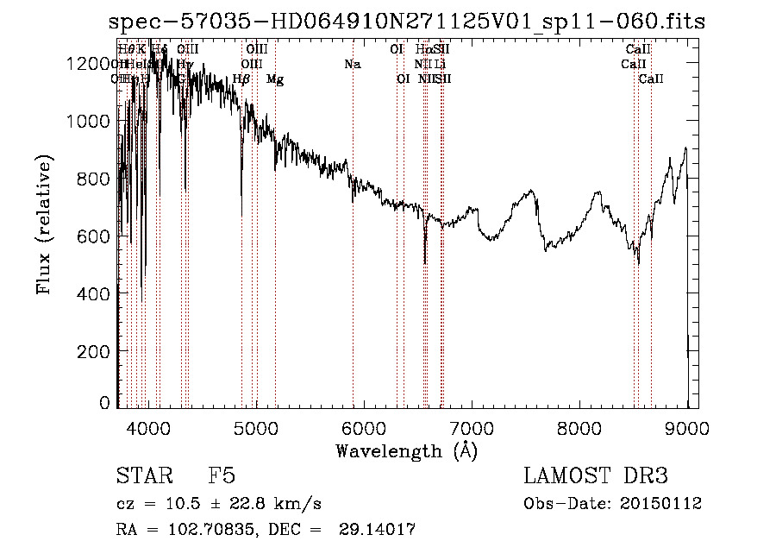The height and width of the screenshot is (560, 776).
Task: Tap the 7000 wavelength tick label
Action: click(x=471, y=429)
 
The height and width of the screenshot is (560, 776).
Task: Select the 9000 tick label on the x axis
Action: click(x=686, y=429)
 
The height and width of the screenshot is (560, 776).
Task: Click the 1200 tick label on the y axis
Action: click(x=91, y=64)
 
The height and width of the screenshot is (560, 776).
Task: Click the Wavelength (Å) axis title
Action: click(x=406, y=450)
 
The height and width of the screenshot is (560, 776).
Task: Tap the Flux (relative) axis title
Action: click(x=44, y=224)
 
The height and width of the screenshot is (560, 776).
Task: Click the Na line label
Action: click(x=352, y=64)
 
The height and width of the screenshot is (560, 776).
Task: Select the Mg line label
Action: click(x=275, y=79)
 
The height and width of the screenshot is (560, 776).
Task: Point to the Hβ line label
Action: click(x=241, y=79)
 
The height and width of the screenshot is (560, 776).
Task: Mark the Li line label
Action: click(x=440, y=64)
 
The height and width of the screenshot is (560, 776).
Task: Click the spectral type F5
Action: click(x=222, y=476)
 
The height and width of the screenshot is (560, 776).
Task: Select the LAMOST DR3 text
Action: click(x=596, y=476)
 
